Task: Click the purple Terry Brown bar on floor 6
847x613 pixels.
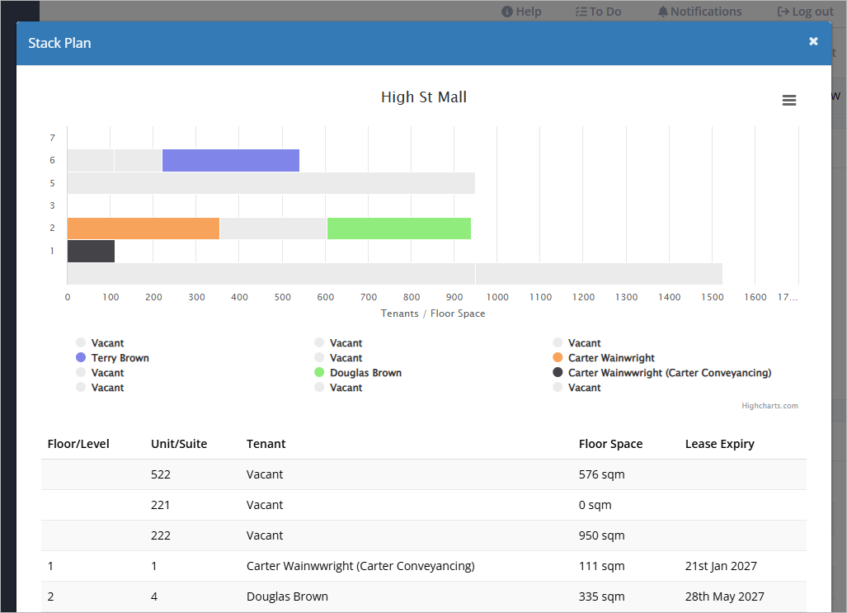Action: pyautogui.click(x=231, y=161)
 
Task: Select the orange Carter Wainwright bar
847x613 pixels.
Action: pyautogui.click(x=144, y=229)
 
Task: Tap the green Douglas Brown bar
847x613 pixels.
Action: pyautogui.click(x=398, y=229)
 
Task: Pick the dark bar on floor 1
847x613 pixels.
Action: pyautogui.click(x=91, y=252)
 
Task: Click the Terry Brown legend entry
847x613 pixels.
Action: pyautogui.click(x=112, y=358)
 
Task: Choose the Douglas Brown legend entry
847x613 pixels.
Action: pyautogui.click(x=358, y=373)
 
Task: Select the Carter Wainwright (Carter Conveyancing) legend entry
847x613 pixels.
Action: pyautogui.click(x=661, y=373)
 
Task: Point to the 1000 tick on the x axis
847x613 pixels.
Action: pyautogui.click(x=497, y=297)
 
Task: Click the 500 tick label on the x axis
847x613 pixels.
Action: pyautogui.click(x=283, y=297)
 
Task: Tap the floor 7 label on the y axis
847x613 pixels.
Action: pyautogui.click(x=53, y=138)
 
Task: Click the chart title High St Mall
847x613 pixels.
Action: pyautogui.click(x=424, y=97)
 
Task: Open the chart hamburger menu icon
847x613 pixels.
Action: pyautogui.click(x=789, y=100)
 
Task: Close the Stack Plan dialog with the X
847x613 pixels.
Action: pyautogui.click(x=813, y=41)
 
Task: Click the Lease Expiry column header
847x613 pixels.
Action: pyautogui.click(x=719, y=445)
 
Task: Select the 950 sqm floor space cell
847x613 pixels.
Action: pyautogui.click(x=602, y=535)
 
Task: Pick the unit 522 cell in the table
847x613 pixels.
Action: pyautogui.click(x=161, y=474)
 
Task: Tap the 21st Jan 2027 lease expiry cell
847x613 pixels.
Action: pyautogui.click(x=721, y=567)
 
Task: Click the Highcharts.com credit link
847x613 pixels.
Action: pyautogui.click(x=769, y=406)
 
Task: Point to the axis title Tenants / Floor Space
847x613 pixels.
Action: pyautogui.click(x=433, y=314)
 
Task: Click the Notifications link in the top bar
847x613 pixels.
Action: pyautogui.click(x=699, y=12)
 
